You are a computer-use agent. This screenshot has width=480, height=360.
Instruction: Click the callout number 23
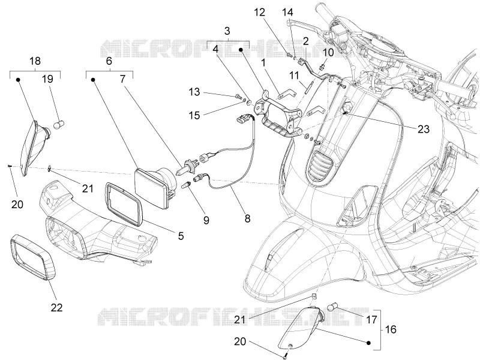pos(424,129)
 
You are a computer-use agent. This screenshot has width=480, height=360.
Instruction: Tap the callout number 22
pos(56,307)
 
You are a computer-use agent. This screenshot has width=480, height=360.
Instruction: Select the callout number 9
pos(206,220)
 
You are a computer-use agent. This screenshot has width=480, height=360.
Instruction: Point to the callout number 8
pos(247,218)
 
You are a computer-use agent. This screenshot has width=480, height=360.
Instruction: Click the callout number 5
pos(181,236)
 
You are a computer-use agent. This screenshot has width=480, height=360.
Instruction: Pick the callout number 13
pos(194,92)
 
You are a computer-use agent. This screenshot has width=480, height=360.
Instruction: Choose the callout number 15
pos(194,115)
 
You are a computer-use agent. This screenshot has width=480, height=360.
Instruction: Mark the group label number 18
pos(35,61)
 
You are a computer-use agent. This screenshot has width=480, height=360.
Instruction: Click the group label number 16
pos(391,329)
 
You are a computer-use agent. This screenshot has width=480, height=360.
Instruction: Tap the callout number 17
pos(371,320)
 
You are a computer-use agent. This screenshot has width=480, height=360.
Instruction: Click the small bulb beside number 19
pos(59,125)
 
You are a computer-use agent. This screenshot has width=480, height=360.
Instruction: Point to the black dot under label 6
pos(93,80)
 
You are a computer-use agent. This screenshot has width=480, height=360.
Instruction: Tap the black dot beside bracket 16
pos(368,343)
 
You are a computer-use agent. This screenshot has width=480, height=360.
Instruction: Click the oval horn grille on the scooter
pos(320,164)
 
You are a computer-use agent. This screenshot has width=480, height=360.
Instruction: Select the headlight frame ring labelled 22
pos(33,257)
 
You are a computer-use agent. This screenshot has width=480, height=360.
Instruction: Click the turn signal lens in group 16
pos(301,328)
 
